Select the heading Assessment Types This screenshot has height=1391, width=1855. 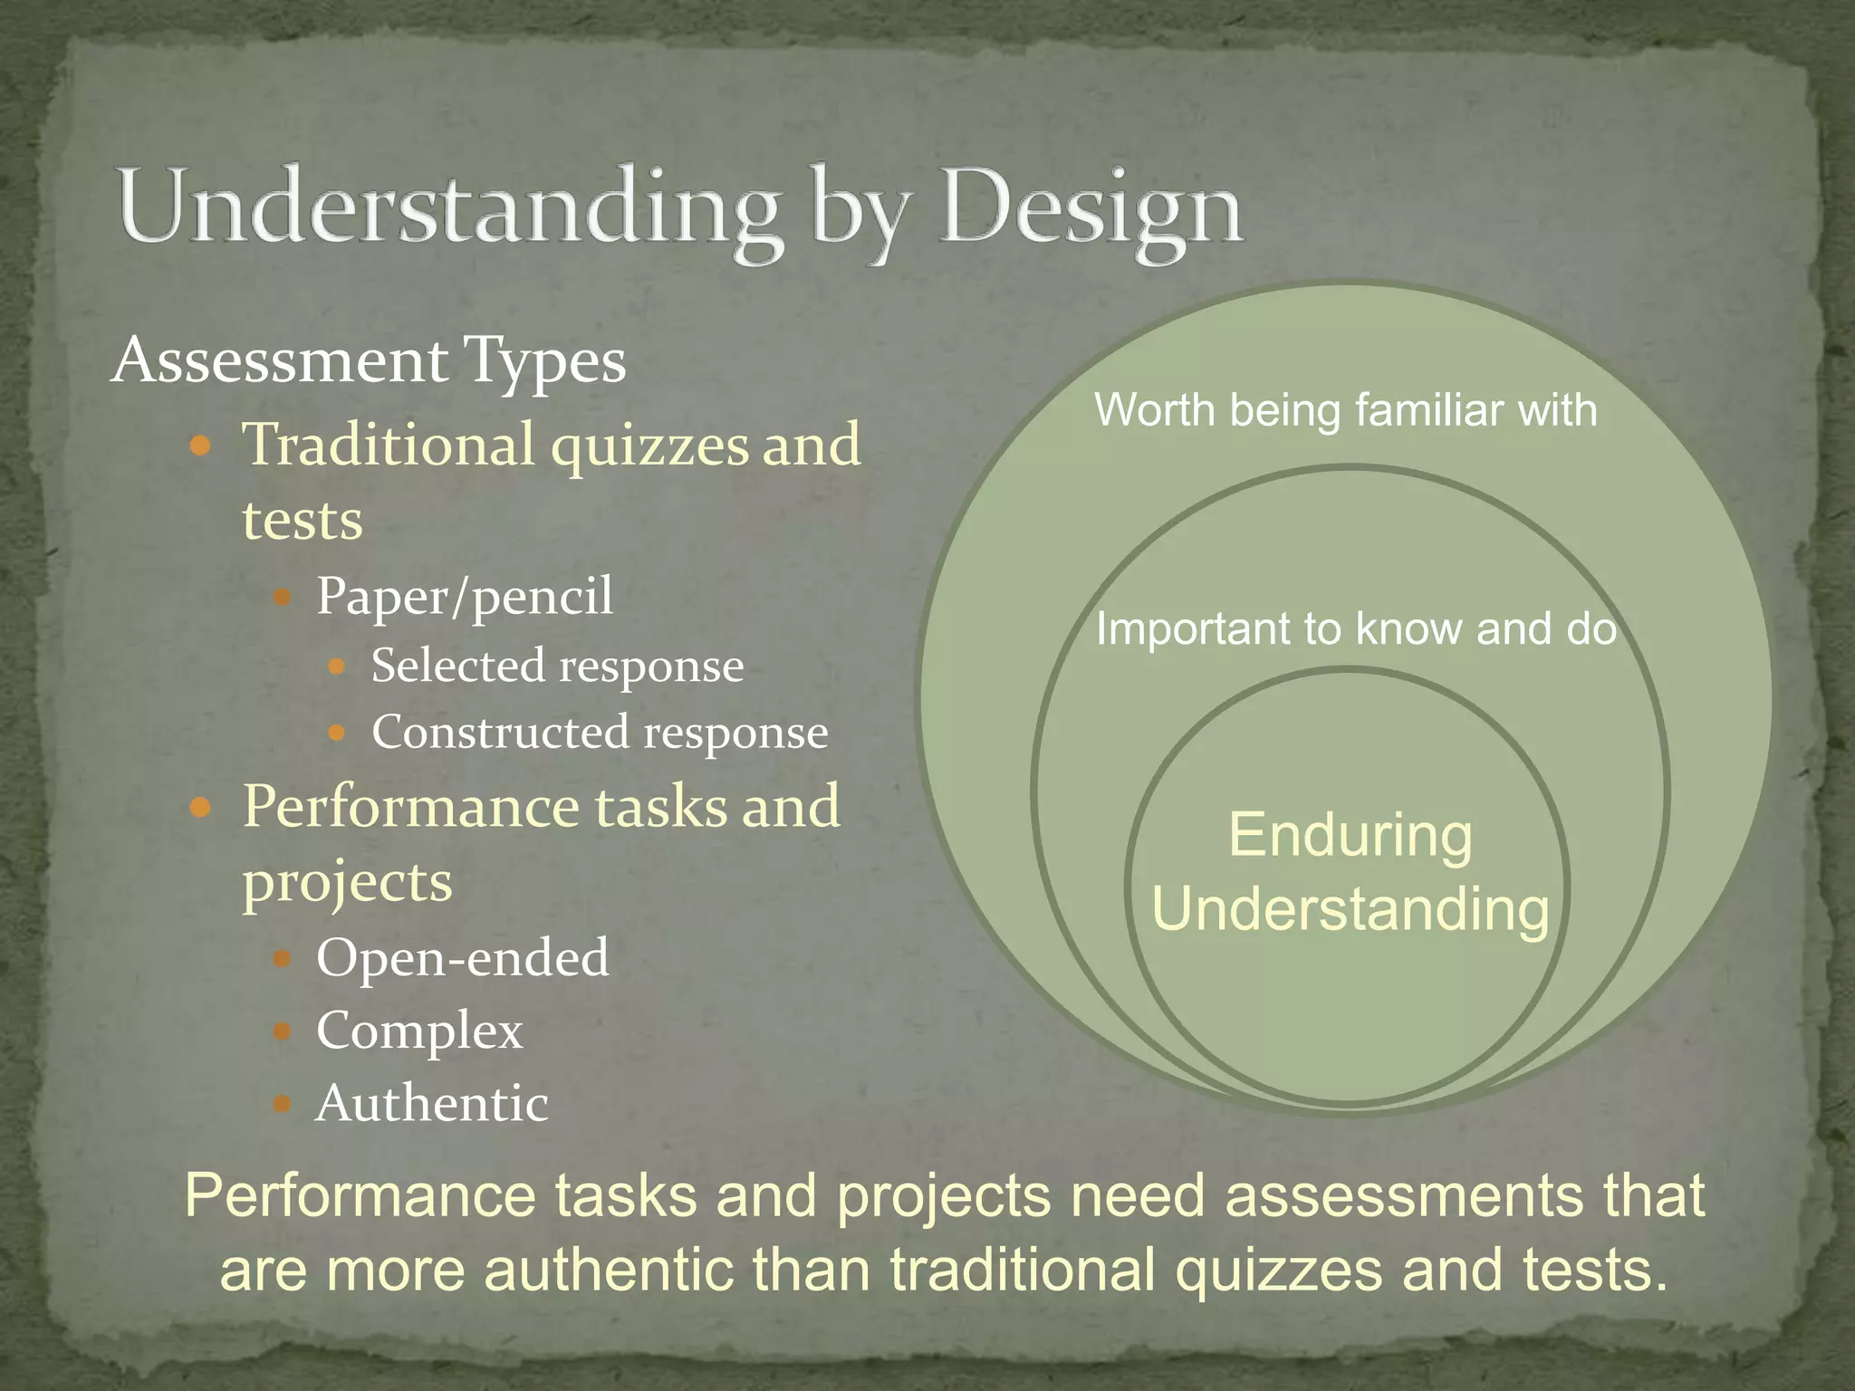pyautogui.click(x=369, y=360)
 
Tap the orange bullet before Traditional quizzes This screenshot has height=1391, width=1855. pyautogui.click(x=201, y=446)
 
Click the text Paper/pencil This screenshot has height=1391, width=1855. pyautogui.click(x=465, y=597)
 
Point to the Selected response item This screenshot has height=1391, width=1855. pyautogui.click(x=557, y=667)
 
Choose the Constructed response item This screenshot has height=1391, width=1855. pyautogui.click(x=600, y=733)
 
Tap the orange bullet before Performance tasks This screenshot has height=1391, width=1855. pyautogui.click(x=201, y=807)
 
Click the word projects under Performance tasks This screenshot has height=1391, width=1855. pyautogui.click(x=347, y=882)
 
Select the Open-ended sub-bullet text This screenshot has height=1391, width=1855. pyautogui.click(x=463, y=957)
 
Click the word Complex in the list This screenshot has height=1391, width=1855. pyautogui.click(x=419, y=1031)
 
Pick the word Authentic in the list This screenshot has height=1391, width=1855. pyautogui.click(x=432, y=1104)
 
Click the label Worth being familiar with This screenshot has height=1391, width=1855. pyautogui.click(x=1345, y=410)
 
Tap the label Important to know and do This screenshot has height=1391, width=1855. pyautogui.click(x=1355, y=628)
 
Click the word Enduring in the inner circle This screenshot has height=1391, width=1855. pyautogui.click(x=1350, y=835)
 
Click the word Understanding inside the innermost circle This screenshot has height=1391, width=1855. pyautogui.click(x=1350, y=909)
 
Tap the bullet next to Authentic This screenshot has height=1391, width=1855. pyautogui.click(x=283, y=1104)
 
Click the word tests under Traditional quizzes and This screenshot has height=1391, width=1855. pyautogui.click(x=303, y=521)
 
